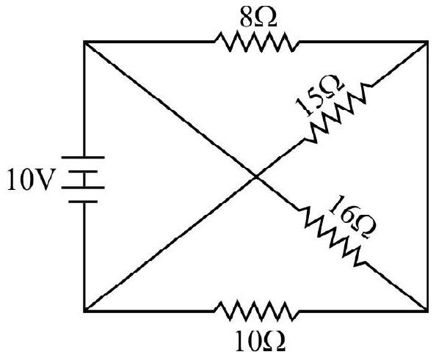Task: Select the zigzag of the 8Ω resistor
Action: tap(257, 42)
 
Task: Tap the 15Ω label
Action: tap(320, 95)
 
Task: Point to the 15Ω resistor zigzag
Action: tap(338, 112)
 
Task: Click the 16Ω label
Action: tap(352, 217)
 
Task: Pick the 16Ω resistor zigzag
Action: tap(332, 237)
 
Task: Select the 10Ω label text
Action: tap(260, 342)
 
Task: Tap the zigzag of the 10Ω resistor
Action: tap(257, 312)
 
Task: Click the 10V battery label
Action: tap(30, 180)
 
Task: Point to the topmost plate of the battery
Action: tap(83, 157)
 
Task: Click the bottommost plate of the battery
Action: tap(83, 202)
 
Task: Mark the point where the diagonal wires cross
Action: tap(256, 176)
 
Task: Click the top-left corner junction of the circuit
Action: tap(84, 42)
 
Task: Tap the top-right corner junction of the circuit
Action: tap(427, 42)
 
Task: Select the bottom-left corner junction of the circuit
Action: tap(84, 312)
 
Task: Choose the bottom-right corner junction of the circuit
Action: tap(427, 312)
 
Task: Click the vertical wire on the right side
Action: tap(427, 177)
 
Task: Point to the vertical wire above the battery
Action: tap(84, 99)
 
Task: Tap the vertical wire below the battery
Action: tap(84, 257)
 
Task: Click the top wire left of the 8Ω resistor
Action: tap(149, 42)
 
